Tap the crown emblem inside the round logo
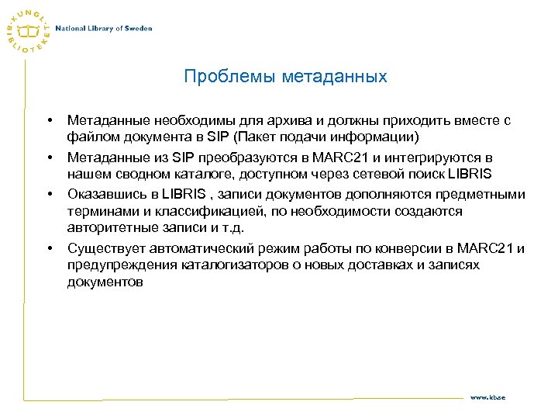pyautogui.click(x=29, y=30)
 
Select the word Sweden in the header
pyautogui.click(x=138, y=28)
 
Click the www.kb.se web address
pyautogui.click(x=488, y=396)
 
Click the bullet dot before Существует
pyautogui.click(x=50, y=248)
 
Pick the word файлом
pyautogui.click(x=90, y=137)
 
